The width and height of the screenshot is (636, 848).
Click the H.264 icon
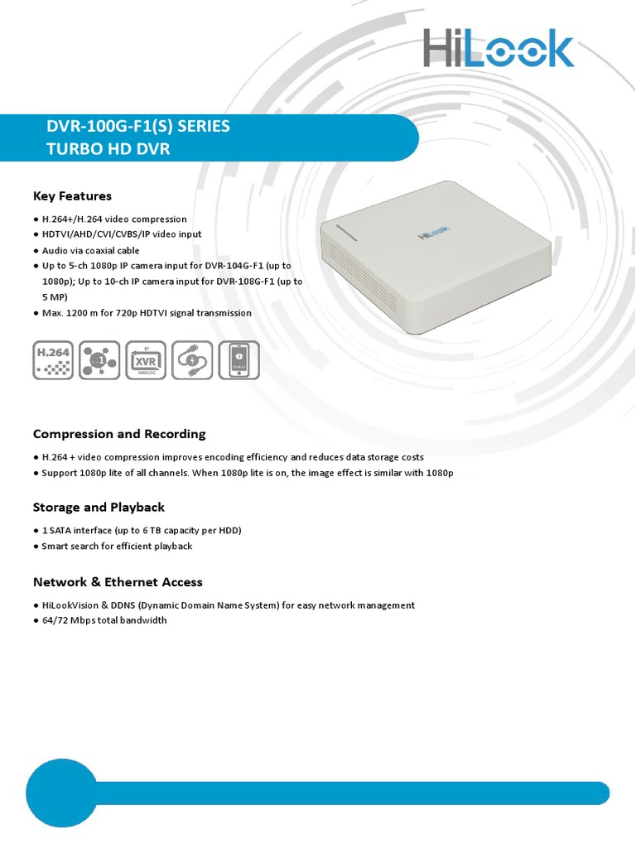coord(53,359)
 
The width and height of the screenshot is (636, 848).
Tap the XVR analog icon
coord(146,359)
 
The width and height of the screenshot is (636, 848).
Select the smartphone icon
coord(238,359)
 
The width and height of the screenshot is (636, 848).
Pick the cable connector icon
coord(192,359)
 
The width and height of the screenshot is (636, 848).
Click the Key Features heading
coord(72,196)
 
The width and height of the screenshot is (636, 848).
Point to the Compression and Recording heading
coord(119,434)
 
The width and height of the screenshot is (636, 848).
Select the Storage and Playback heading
coord(99,507)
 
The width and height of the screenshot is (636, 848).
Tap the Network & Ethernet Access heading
coord(118,582)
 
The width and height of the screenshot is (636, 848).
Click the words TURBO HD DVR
coord(108,148)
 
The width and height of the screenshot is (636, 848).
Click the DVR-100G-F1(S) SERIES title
coord(139,127)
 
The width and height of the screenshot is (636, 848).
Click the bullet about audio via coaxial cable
coord(89,250)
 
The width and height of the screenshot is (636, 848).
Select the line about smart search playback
coord(116,546)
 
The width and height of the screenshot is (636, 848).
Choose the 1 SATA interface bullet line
coord(141,530)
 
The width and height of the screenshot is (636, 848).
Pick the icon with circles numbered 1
coord(99,359)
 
